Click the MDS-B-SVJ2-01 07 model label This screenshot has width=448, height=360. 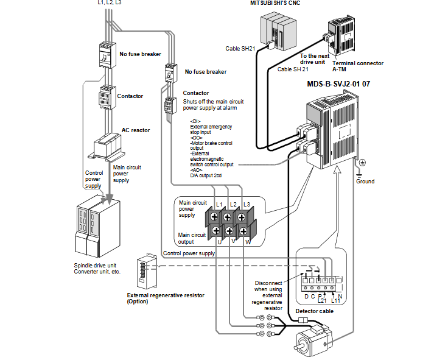click(338, 83)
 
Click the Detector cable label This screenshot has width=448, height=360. click(315, 311)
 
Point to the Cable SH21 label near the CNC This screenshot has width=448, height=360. click(241, 49)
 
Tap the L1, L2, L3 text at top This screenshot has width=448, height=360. click(110, 2)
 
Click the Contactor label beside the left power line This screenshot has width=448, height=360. click(130, 96)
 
